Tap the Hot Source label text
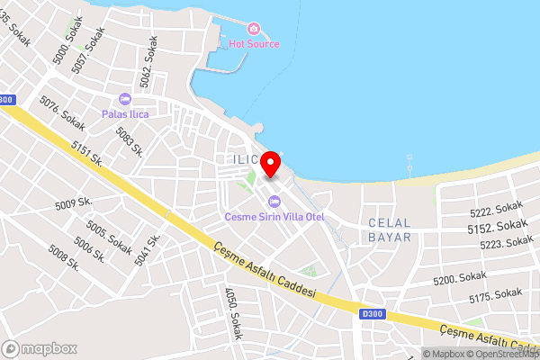pos(254,44)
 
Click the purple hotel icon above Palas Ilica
pos(124,99)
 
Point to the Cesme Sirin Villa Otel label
pos(274,217)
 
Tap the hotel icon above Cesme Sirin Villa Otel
pos(274,202)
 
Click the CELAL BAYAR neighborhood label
pos(389,229)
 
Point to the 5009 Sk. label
pos(75,203)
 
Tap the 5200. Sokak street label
pos(459,280)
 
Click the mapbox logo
pos(40,348)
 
